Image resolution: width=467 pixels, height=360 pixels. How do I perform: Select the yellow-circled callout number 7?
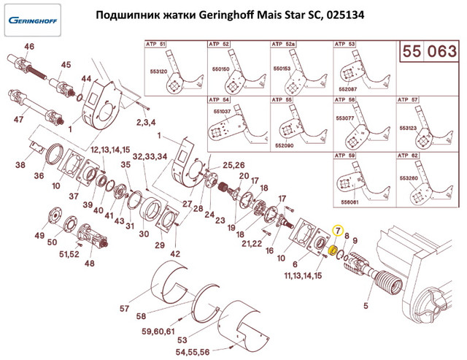coord(338,231)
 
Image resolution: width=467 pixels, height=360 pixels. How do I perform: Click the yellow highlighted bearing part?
coord(332,252)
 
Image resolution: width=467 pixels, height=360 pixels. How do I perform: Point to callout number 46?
coord(29,47)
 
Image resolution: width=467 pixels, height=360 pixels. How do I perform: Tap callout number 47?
coord(19,118)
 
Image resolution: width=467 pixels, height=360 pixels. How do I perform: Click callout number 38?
coord(20,165)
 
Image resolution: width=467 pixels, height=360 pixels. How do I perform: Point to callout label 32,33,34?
coord(149,158)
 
